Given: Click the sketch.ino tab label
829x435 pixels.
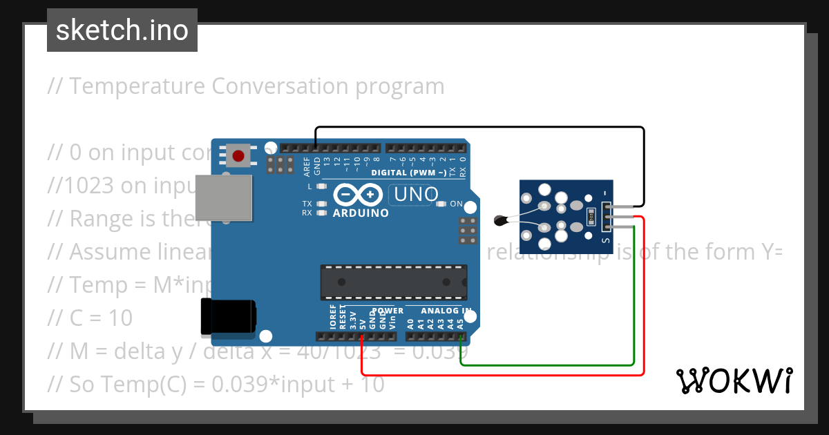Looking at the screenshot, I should pyautogui.click(x=122, y=30).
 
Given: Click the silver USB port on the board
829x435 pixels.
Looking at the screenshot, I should pyautogui.click(x=220, y=198).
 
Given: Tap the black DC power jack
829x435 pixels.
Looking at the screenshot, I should pyautogui.click(x=227, y=318).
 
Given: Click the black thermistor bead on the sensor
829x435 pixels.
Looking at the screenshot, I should pyautogui.click(x=500, y=221).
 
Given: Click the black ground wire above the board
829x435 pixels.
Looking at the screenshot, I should pyautogui.click(x=484, y=128).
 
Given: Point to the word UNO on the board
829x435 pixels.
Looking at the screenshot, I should pyautogui.click(x=416, y=195).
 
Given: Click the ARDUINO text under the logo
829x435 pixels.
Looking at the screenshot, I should pyautogui.click(x=361, y=213).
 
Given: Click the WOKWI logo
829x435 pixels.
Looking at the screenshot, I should pyautogui.click(x=734, y=380).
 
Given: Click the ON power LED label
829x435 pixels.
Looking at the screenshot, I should pyautogui.click(x=457, y=204).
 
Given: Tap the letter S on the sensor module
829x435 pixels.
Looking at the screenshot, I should pyautogui.click(x=605, y=240).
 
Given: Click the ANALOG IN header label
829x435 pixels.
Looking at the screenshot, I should pyautogui.click(x=447, y=311).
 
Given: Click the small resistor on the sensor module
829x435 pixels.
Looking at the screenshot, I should pyautogui.click(x=591, y=217).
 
